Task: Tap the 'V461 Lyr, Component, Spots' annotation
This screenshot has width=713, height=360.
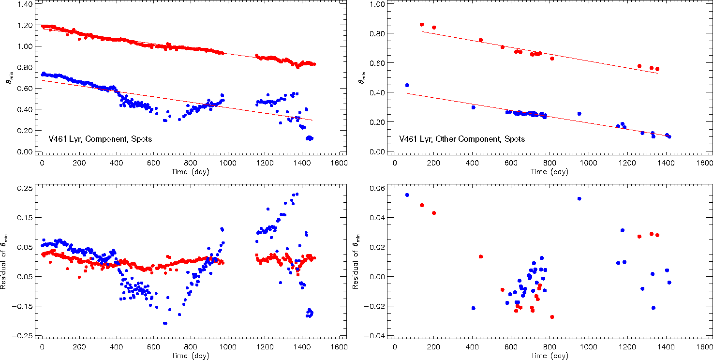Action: pyautogui.click(x=100, y=139)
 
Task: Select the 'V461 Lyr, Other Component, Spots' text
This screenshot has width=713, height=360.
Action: pyautogui.click(x=462, y=139)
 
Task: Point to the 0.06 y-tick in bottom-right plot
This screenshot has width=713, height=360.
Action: pyautogui.click(x=377, y=188)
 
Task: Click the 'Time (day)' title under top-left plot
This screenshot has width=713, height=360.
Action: pyautogui.click(x=190, y=171)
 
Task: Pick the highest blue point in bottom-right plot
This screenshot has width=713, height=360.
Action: pyautogui.click(x=407, y=195)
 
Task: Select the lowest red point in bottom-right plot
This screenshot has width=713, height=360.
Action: pyautogui.click(x=552, y=317)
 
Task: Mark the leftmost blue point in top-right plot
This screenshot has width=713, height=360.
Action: pyautogui.click(x=407, y=85)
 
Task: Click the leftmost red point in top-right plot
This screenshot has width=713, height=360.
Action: pyautogui.click(x=421, y=24)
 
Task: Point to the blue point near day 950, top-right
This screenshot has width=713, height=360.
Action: pyautogui.click(x=579, y=114)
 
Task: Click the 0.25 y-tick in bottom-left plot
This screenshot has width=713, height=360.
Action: pyautogui.click(x=24, y=188)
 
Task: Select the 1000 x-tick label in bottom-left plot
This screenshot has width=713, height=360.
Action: pyautogui.click(x=227, y=347)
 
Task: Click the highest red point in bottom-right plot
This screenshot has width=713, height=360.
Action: pyautogui.click(x=421, y=205)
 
